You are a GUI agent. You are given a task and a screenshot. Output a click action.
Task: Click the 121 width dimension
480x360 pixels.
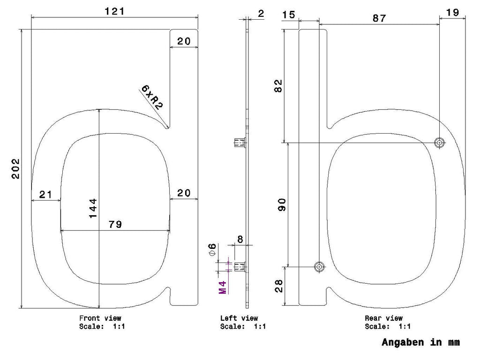tap(115, 11)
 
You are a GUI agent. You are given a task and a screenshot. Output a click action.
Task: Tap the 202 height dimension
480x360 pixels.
tap(15, 168)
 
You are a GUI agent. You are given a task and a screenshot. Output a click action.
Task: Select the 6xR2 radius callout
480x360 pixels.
tap(152, 97)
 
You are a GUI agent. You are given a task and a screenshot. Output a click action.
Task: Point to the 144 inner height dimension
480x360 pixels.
tap(93, 208)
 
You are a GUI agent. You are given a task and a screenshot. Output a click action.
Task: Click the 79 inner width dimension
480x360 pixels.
tap(115, 225)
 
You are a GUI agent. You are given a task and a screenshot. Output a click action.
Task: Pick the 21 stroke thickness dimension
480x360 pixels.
tap(45, 195)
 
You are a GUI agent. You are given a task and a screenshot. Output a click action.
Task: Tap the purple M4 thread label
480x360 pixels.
tap(223, 287)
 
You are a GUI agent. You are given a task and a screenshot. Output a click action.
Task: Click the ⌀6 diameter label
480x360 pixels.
tap(212, 249)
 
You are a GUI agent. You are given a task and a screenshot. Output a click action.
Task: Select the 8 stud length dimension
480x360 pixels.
tap(240, 239)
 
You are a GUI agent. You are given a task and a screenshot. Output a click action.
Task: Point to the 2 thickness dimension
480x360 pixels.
tap(261, 14)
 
